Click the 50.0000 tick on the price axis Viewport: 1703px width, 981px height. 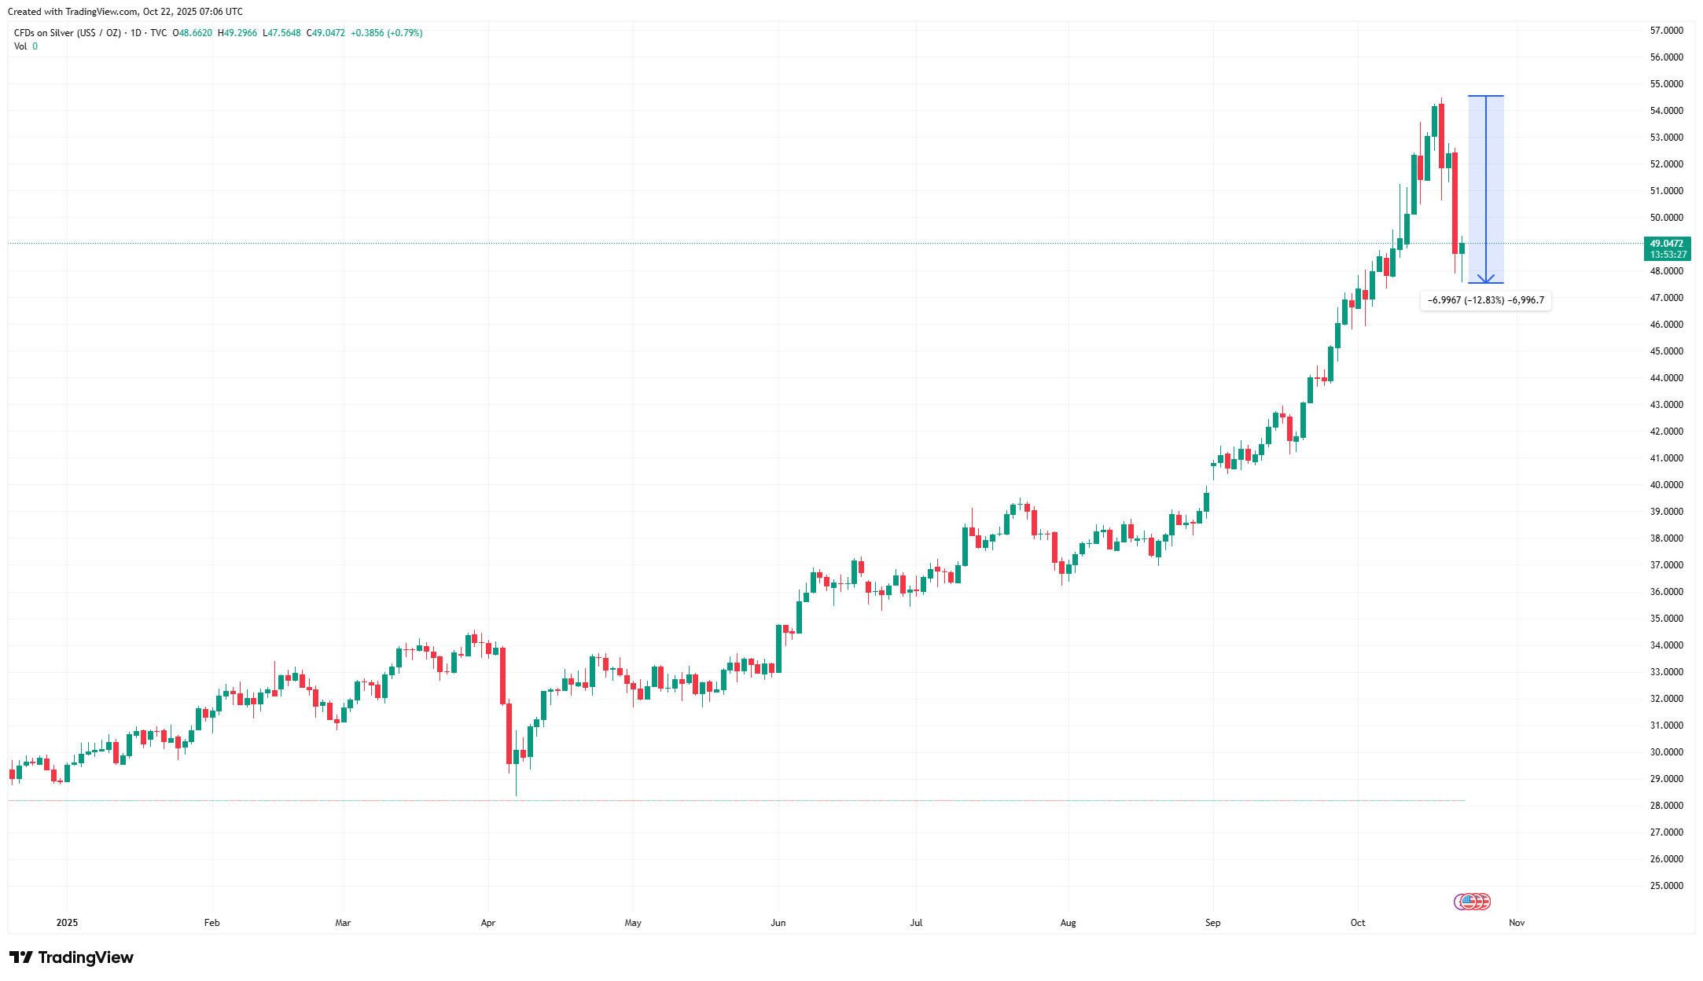point(1666,218)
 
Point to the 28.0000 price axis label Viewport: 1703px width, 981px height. point(1666,806)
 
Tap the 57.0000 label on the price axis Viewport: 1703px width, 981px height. point(1666,31)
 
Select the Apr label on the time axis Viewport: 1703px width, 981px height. point(488,923)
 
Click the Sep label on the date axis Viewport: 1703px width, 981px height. point(1212,923)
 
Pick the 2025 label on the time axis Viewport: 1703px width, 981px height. point(67,923)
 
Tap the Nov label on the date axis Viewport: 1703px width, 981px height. point(1517,923)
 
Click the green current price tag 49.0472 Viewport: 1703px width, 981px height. point(1667,244)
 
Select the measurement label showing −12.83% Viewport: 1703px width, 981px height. point(1485,300)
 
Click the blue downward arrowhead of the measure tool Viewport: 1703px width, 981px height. point(1486,279)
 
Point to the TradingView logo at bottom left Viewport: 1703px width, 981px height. point(72,957)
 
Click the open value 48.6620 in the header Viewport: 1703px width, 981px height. point(195,33)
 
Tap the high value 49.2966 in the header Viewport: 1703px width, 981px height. point(240,33)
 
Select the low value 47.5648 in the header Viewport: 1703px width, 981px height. point(284,33)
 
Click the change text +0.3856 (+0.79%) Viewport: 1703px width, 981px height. point(386,33)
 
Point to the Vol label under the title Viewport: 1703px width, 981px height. point(20,46)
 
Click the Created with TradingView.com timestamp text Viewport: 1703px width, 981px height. point(125,12)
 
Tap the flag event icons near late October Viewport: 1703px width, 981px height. point(1472,902)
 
